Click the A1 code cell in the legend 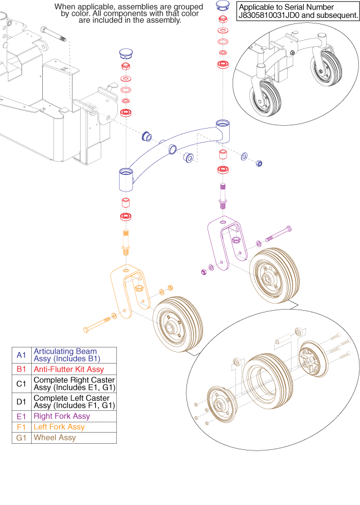(22, 355)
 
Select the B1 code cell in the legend (22, 369)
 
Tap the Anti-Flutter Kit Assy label (68, 369)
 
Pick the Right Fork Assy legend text (62, 416)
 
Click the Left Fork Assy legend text (59, 427)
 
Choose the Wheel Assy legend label (55, 438)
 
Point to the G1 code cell (22, 438)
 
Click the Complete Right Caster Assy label (74, 384)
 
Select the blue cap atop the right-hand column (223, 6)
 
